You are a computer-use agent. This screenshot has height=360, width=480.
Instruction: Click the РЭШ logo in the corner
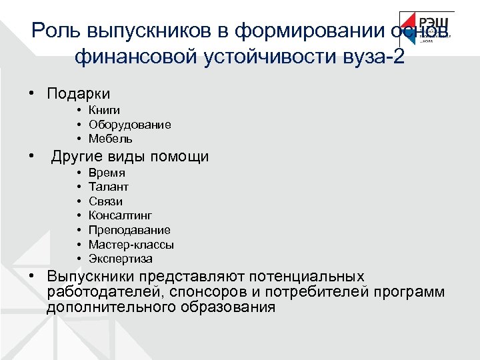tap(427, 29)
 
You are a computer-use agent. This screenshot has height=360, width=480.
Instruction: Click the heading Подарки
tap(78, 94)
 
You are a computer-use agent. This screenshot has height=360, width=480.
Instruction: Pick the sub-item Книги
tap(104, 111)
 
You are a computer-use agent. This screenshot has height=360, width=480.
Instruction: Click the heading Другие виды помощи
tap(130, 157)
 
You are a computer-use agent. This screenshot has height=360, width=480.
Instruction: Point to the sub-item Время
tap(107, 173)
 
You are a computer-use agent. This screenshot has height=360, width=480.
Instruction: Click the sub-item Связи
tap(105, 201)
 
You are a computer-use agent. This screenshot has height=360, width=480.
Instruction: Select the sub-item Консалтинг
tap(120, 215)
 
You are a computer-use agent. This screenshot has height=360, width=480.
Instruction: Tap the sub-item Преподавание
tap(129, 230)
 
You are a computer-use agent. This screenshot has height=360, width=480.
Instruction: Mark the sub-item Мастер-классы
tap(131, 245)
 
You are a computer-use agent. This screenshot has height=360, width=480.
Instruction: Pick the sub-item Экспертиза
tap(120, 259)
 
